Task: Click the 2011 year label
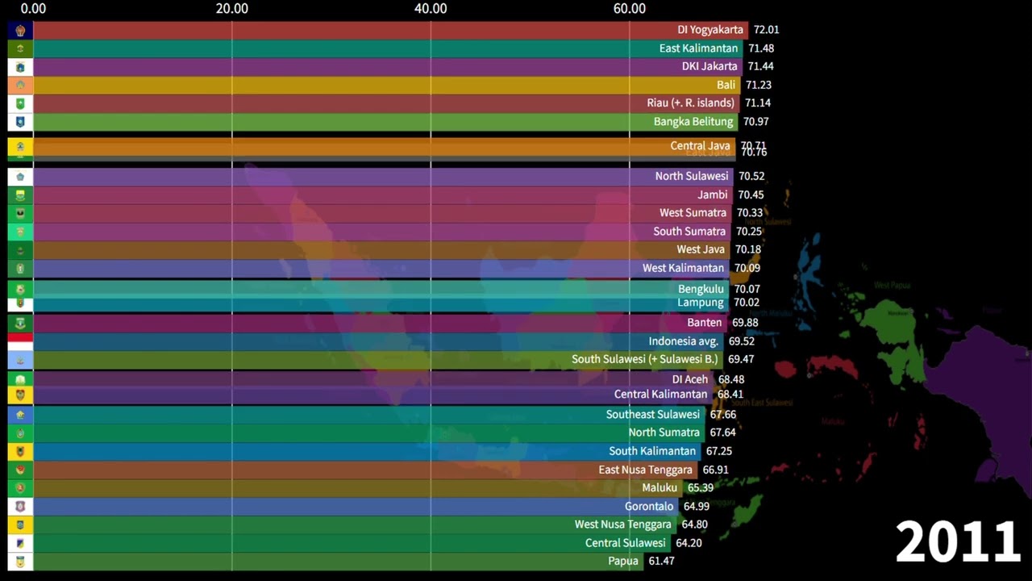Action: click(x=958, y=541)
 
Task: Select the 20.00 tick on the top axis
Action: click(x=232, y=9)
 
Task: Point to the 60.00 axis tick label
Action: click(x=629, y=9)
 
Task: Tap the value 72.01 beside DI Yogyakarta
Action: click(x=766, y=30)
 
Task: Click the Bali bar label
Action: click(x=726, y=85)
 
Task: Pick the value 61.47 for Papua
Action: click(x=661, y=561)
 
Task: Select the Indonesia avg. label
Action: click(x=683, y=341)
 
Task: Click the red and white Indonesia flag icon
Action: click(x=20, y=341)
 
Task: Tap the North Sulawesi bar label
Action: click(x=691, y=176)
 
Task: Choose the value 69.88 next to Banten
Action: click(x=745, y=323)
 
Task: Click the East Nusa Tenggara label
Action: click(x=645, y=470)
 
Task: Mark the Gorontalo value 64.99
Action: click(x=697, y=507)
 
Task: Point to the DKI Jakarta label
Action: click(x=709, y=66)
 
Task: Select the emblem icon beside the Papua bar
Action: click(x=20, y=561)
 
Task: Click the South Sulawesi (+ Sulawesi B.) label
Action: click(x=644, y=359)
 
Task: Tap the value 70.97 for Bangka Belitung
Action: click(x=755, y=122)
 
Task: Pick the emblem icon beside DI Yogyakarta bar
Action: click(x=20, y=31)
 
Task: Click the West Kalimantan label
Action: click(x=683, y=268)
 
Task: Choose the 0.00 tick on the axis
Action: click(x=33, y=9)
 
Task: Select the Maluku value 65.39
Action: click(x=701, y=488)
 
